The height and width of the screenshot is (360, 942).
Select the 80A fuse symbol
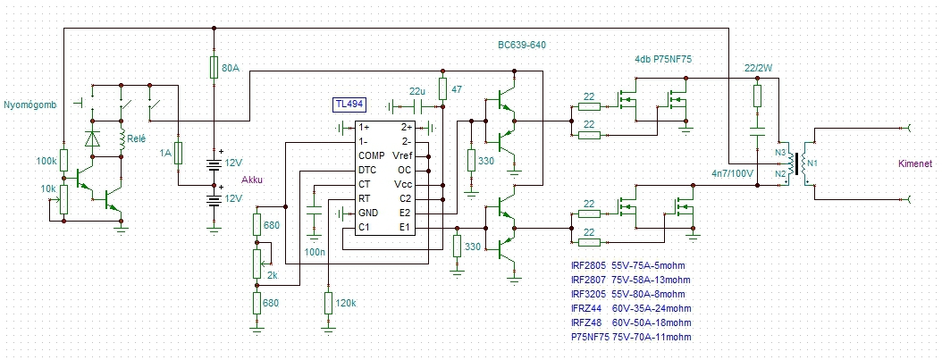click(214, 67)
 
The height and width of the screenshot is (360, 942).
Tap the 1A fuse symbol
click(178, 154)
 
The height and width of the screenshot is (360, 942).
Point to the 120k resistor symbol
click(328, 303)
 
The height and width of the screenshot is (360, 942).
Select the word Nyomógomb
click(30, 105)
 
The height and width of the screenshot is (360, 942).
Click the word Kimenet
click(915, 163)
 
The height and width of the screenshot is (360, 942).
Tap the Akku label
click(252, 180)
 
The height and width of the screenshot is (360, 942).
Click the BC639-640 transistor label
click(521, 45)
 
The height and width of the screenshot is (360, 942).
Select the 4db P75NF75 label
click(667, 59)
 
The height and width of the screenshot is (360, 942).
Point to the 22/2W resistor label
click(758, 68)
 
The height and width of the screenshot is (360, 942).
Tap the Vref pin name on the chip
click(400, 155)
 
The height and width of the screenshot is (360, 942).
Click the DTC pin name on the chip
click(367, 170)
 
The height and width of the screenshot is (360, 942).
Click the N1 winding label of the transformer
click(811, 163)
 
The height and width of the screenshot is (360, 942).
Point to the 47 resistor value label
click(457, 88)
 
